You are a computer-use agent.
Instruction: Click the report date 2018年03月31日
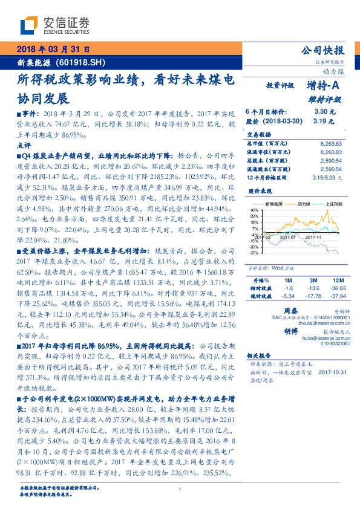coord(51,49)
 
